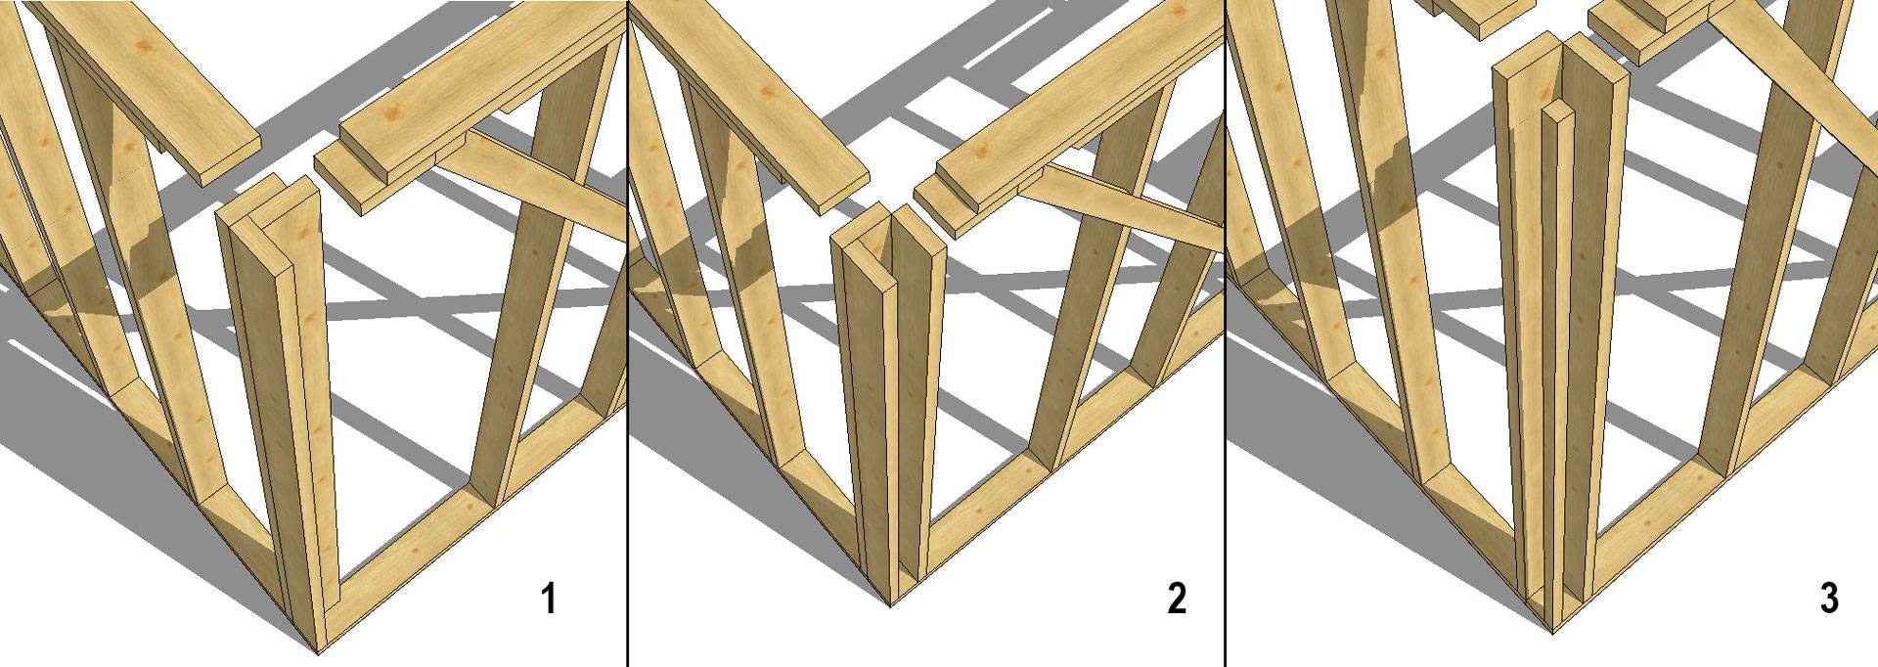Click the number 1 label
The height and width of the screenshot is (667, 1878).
coord(550,599)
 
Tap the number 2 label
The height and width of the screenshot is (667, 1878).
coord(1177,599)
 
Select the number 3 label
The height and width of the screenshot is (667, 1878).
coord(1829,599)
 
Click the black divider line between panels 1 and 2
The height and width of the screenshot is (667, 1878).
coord(627,333)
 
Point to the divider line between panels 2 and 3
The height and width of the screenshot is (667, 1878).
coord(1225,333)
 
